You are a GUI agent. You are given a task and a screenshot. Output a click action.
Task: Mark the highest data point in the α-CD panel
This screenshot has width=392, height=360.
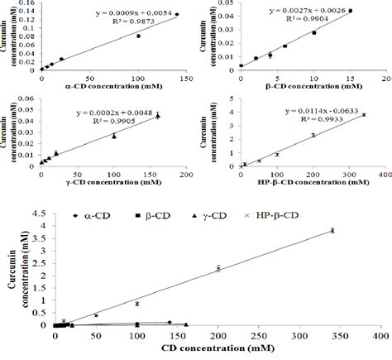click(176, 14)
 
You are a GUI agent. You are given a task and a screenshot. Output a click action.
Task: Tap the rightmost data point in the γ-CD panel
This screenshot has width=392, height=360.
click(158, 115)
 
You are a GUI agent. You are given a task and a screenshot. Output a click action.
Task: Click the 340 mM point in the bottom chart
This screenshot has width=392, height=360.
click(332, 231)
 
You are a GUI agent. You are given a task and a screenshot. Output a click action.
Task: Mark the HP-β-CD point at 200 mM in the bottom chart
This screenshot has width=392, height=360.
click(218, 267)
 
